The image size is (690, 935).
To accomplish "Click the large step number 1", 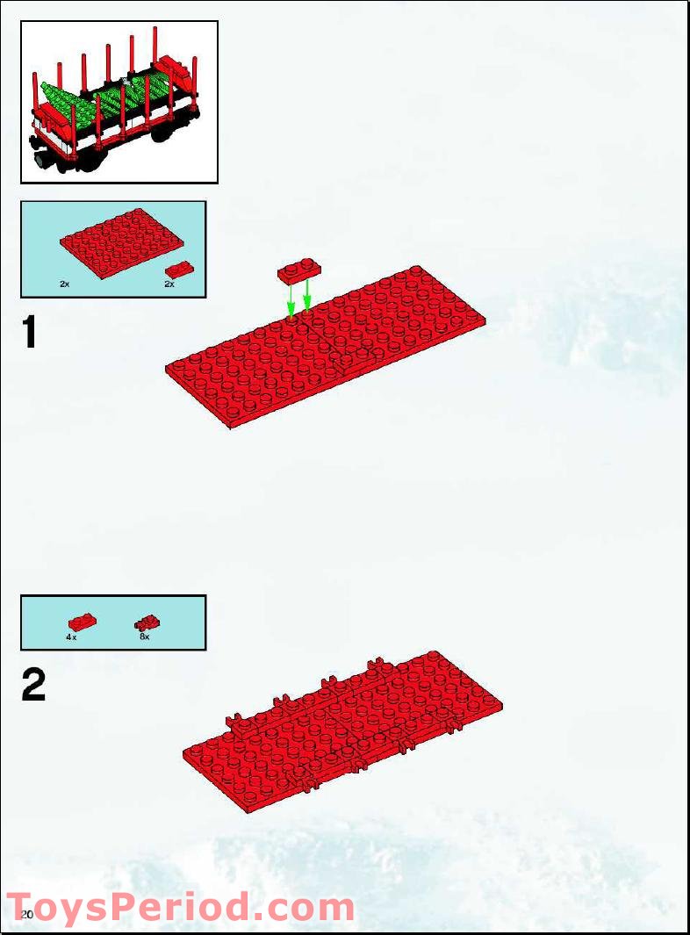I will point(30,334).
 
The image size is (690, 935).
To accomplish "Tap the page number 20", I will point(26,915).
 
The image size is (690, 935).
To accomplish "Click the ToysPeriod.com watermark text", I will point(180,908).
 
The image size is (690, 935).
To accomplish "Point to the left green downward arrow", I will point(291,305).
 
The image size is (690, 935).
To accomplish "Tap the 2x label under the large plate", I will point(65,284).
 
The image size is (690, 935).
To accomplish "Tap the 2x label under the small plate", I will point(169,284).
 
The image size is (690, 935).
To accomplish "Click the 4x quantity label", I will point(71,637).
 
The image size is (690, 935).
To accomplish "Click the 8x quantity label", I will point(144,637).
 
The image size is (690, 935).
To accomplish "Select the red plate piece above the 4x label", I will point(82,622).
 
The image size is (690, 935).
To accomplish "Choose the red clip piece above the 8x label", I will point(146,622).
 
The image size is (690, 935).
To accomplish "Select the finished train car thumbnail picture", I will point(119,102).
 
